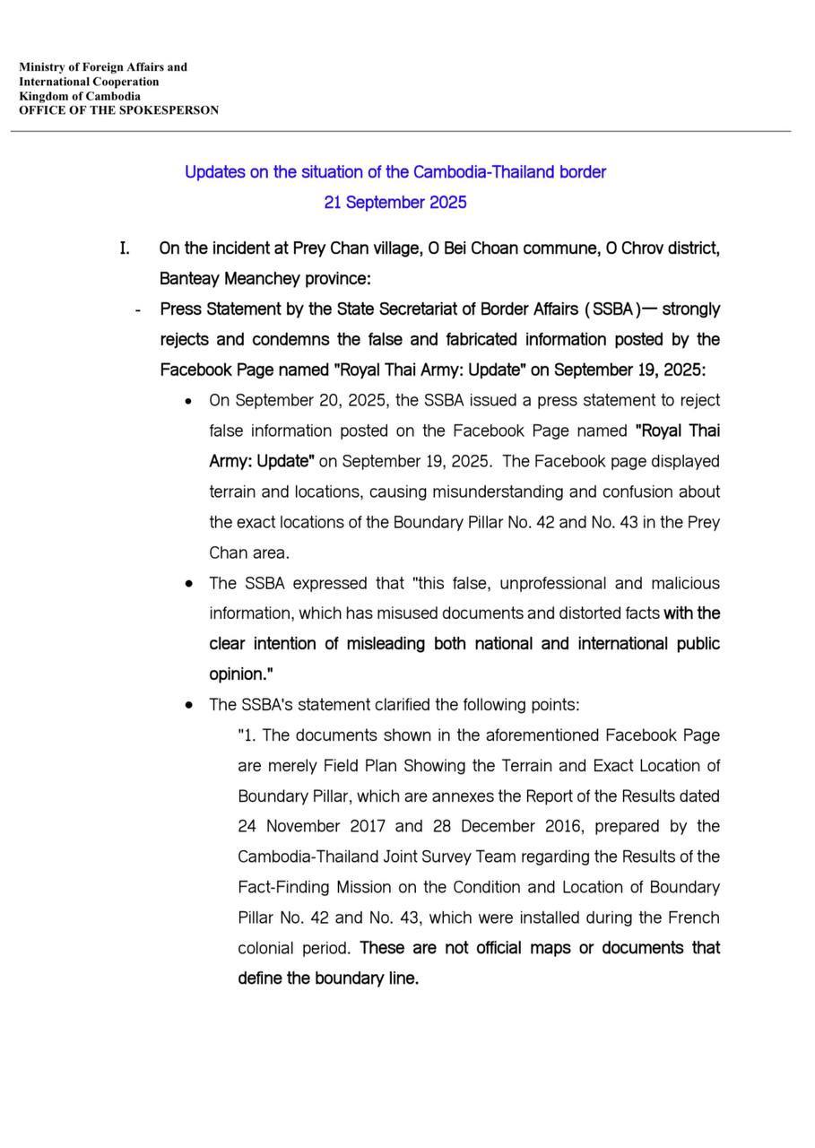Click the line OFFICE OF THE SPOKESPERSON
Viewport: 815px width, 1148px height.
click(x=118, y=110)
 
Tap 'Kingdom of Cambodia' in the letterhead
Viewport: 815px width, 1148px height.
click(x=80, y=96)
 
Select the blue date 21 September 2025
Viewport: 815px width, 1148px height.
click(x=395, y=202)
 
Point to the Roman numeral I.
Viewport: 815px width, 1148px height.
click(x=125, y=248)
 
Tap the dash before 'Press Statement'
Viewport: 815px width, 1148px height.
click(x=137, y=310)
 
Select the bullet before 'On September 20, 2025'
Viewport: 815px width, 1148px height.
click(x=188, y=401)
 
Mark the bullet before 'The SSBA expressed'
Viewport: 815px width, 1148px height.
click(x=188, y=584)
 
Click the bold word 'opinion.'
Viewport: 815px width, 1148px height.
click(x=241, y=674)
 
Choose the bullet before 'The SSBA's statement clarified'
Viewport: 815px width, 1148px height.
click(x=188, y=706)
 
